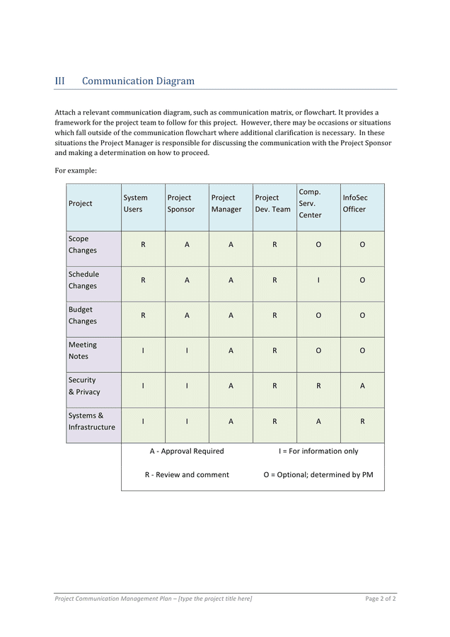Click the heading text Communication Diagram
tap(138, 81)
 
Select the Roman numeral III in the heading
tap(59, 81)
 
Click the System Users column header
tap(135, 204)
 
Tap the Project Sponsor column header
tap(180, 204)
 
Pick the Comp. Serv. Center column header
tap(310, 204)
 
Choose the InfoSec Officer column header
tap(354, 204)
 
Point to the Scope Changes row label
tap(82, 245)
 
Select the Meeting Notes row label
tap(82, 351)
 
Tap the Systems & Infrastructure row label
tap(91, 422)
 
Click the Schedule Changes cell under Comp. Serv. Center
tap(318, 280)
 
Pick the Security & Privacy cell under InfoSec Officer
tap(362, 386)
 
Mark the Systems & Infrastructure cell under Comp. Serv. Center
tap(318, 422)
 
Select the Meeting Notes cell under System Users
tap(143, 351)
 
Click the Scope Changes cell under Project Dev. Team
tap(275, 245)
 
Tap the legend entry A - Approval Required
tap(187, 452)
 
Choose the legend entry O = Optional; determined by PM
tap(318, 475)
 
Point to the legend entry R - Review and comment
tap(187, 475)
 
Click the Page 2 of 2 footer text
tap(380, 599)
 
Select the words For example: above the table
tap(76, 171)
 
